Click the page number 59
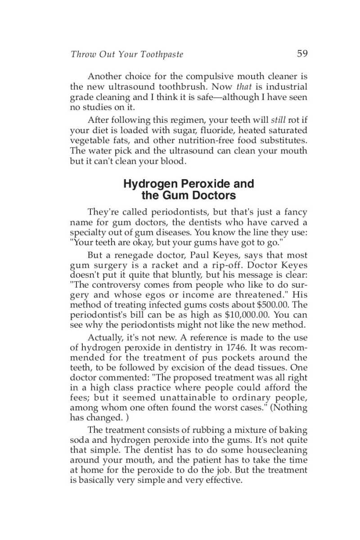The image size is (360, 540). [302, 54]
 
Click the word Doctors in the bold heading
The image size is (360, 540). [214, 196]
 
